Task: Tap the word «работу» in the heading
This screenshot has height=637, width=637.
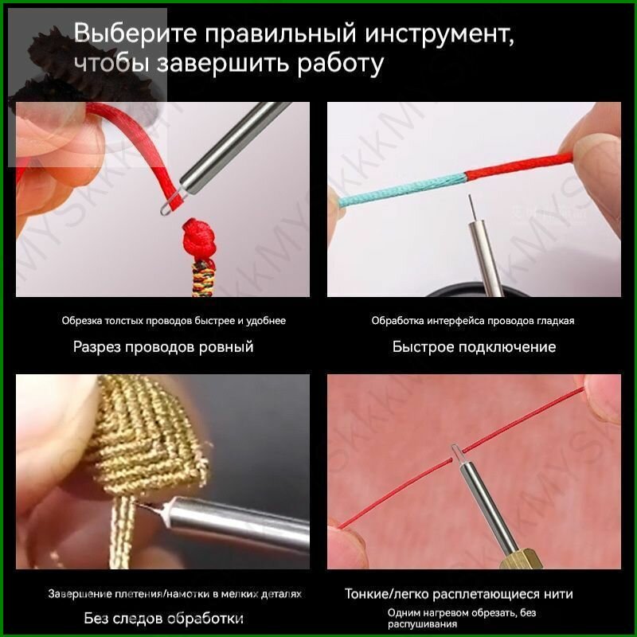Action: click(340, 64)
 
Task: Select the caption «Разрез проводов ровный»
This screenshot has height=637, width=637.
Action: click(163, 347)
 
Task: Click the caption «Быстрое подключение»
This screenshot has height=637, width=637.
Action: click(474, 347)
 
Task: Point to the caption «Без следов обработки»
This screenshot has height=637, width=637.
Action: click(164, 619)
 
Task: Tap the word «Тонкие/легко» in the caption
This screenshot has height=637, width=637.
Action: click(387, 594)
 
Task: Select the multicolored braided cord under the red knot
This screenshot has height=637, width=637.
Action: click(202, 278)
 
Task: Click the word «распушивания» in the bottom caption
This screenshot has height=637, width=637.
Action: click(422, 623)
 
